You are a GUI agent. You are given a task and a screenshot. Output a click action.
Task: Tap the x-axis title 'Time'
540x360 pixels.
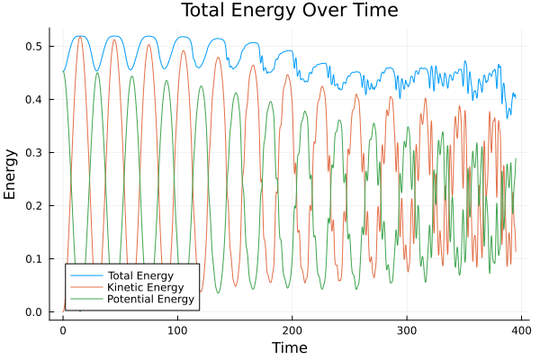coord(289,347)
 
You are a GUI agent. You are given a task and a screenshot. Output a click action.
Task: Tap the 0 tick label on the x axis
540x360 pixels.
coord(63,330)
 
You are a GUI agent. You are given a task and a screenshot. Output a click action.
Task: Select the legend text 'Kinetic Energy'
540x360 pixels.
coord(145,286)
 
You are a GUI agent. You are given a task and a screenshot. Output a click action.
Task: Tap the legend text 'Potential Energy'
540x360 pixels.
coord(149,299)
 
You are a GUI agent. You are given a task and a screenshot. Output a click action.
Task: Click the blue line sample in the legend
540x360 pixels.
coord(85,274)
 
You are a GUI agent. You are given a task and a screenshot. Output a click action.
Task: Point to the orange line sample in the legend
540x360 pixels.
coord(85,286)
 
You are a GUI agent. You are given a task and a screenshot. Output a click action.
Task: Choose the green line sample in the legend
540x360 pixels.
coord(85,299)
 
